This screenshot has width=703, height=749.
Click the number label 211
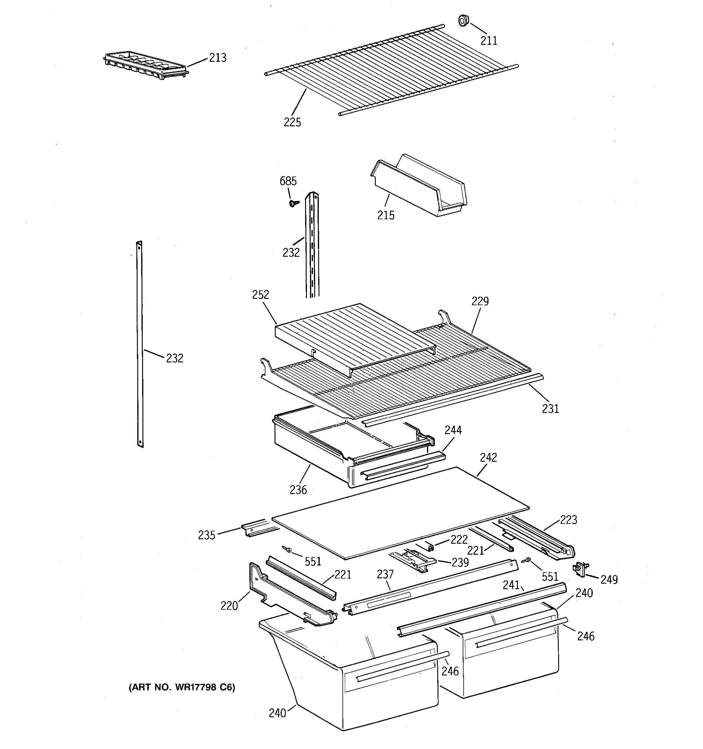pyautogui.click(x=488, y=41)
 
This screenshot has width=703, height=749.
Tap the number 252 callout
pyautogui.click(x=260, y=295)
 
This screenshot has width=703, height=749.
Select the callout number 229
pyautogui.click(x=480, y=301)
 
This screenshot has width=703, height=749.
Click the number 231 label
pyautogui.click(x=550, y=409)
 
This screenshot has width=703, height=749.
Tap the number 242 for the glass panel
pyautogui.click(x=488, y=458)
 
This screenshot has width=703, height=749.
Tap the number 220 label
pyautogui.click(x=229, y=606)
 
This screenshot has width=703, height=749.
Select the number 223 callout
pyautogui.click(x=568, y=520)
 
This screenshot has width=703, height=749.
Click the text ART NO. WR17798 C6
pyautogui.click(x=182, y=688)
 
